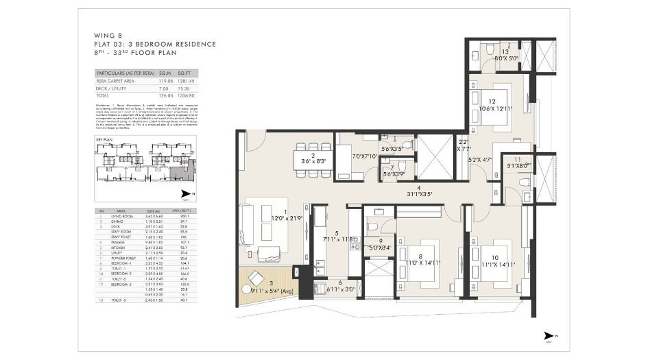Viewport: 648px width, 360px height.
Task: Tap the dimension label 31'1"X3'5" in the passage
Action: (x=418, y=193)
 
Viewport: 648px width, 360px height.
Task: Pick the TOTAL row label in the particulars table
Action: (x=103, y=95)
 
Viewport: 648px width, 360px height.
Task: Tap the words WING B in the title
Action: (x=104, y=35)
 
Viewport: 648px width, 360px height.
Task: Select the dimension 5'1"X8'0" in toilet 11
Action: (x=518, y=165)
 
